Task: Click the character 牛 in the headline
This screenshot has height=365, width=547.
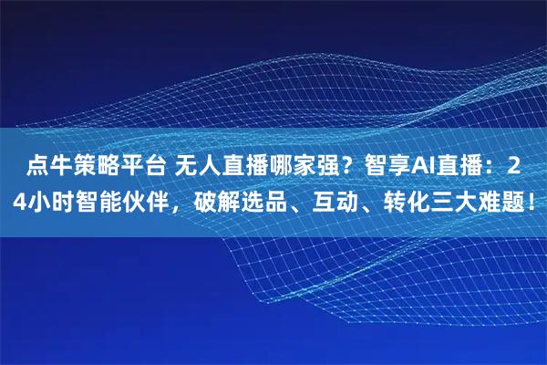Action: pos(60,167)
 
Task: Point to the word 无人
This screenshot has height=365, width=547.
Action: pos(202,167)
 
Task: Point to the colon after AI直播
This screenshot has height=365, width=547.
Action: pos(493,167)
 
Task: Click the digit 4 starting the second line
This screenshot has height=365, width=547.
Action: pos(21,200)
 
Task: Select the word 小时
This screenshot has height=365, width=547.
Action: pos(52,200)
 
